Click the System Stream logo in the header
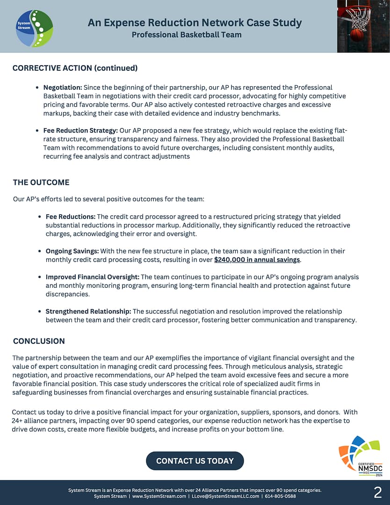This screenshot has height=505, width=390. click(34, 28)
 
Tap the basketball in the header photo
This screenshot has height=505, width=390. click(357, 35)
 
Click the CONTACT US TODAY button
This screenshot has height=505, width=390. click(195, 461)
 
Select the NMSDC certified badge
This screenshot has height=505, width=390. click(360, 456)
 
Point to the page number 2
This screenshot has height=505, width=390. click(377, 492)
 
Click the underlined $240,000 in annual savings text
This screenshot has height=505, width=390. click(257, 260)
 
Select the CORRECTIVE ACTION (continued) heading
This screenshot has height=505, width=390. click(75, 68)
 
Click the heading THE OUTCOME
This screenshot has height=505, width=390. click(41, 182)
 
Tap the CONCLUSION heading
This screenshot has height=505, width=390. click(39, 341)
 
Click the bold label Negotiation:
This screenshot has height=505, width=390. click(63, 88)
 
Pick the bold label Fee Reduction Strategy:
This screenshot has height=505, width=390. click(80, 131)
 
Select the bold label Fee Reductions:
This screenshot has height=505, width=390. click(70, 217)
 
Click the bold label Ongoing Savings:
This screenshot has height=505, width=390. click(72, 251)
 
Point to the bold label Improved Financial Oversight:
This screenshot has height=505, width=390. click(92, 277)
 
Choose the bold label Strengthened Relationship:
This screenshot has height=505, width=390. click(88, 311)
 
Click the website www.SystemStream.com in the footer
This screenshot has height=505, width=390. click(159, 496)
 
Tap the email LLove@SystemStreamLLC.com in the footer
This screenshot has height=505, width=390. click(225, 496)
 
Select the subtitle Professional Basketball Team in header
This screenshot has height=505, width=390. click(187, 35)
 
